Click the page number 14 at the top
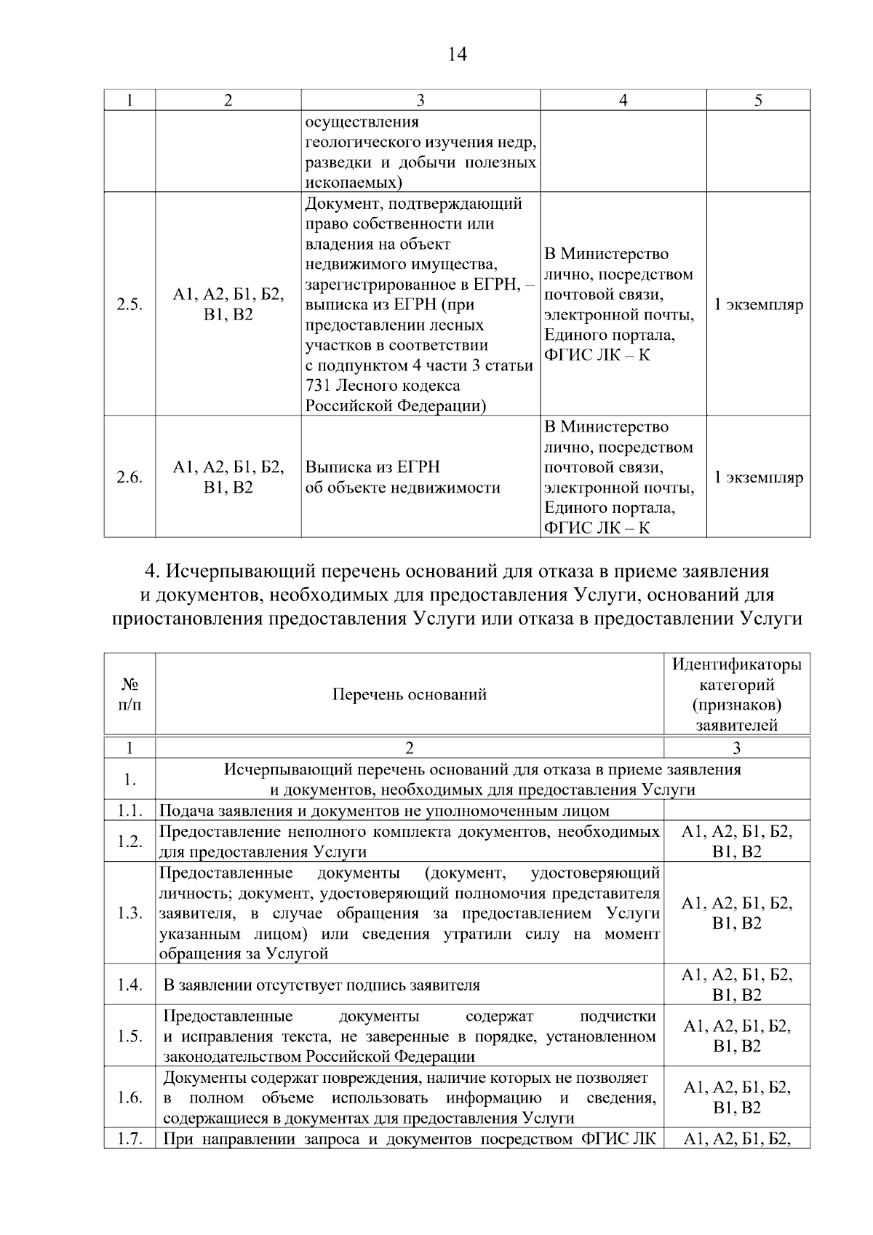(x=458, y=54)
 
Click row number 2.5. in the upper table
(x=129, y=305)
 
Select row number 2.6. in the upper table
(x=129, y=477)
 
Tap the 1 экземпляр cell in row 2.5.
(x=758, y=305)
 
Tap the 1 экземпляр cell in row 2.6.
(x=758, y=477)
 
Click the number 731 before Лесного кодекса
(x=319, y=386)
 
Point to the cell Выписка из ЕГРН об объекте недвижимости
(x=402, y=477)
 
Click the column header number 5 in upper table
(x=758, y=100)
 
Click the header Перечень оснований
(x=409, y=694)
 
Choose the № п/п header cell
(x=129, y=694)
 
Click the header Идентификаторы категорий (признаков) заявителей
(x=736, y=694)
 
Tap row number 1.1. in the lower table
(x=129, y=811)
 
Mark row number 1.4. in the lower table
(x=129, y=985)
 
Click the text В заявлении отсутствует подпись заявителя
(x=322, y=985)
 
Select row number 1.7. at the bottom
(x=129, y=1139)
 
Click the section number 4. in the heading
(x=151, y=572)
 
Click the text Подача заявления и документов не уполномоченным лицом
(x=384, y=811)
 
